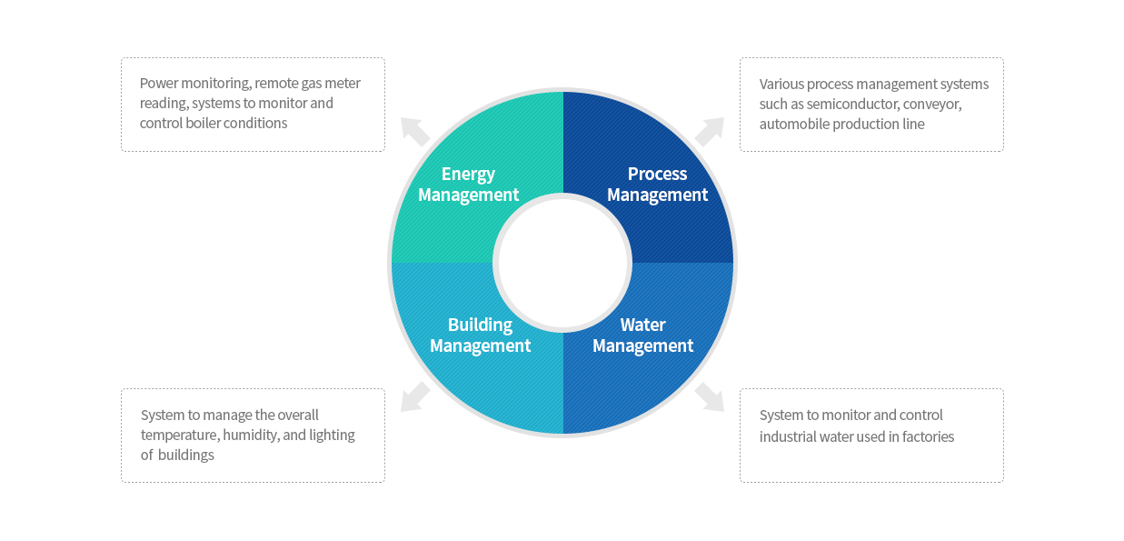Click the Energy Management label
tap(468, 185)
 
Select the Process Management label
tap(657, 185)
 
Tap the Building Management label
tap(480, 336)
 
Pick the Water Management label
tap(642, 336)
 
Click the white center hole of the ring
tap(562, 263)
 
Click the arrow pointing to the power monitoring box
tap(414, 131)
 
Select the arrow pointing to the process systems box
tap(710, 132)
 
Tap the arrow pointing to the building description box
tap(415, 396)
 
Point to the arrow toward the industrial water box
tap(710, 396)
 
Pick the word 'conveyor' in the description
tap(932, 104)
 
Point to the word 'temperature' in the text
tap(180, 435)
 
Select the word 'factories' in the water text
tap(928, 436)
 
